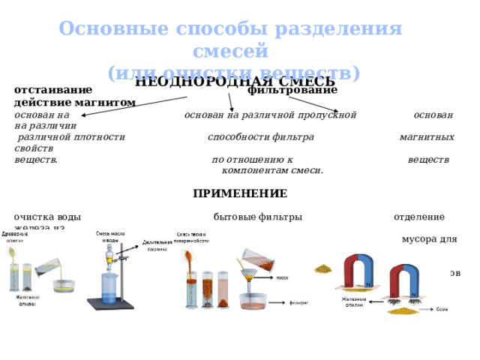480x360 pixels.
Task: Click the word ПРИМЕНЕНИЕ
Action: click(x=239, y=193)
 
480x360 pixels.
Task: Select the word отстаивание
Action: click(x=53, y=90)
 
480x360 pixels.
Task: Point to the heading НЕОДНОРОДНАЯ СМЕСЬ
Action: click(x=235, y=82)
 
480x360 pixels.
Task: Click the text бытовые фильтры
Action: click(x=257, y=217)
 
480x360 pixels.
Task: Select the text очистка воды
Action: click(x=47, y=217)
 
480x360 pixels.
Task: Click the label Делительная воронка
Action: click(x=157, y=247)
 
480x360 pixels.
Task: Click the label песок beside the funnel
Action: click(x=282, y=277)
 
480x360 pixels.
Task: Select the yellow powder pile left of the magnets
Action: click(x=324, y=268)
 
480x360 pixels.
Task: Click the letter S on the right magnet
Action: click(x=393, y=294)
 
